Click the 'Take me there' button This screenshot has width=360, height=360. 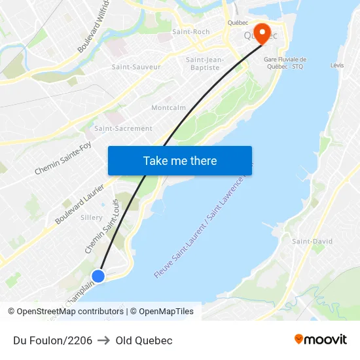(180, 160)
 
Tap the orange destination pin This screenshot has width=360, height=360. (262, 33)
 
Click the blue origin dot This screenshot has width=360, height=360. (98, 276)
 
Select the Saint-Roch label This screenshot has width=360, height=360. (190, 31)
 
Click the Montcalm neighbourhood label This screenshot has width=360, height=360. (168, 107)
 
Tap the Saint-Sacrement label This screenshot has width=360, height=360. (123, 128)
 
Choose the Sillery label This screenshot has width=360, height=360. (91, 217)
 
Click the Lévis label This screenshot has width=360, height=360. (337, 65)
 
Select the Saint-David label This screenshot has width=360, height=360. (312, 242)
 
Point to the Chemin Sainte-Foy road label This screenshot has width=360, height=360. (63, 159)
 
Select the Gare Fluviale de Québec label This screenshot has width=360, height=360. (285, 63)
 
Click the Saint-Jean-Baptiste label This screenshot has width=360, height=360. (205, 63)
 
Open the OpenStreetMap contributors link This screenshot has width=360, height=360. (69, 312)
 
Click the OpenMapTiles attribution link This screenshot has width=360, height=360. (166, 312)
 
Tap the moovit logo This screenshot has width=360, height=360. (321, 340)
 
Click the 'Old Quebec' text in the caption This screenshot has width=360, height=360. (144, 340)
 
